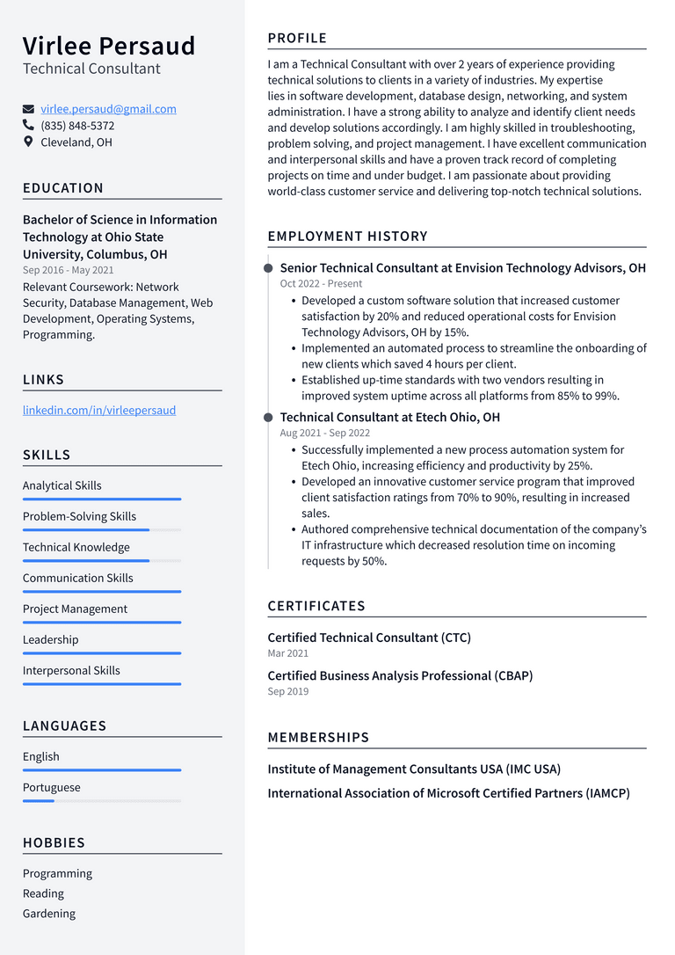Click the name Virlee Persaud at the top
point(109,46)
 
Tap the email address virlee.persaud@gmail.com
point(108,109)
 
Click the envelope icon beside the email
point(28,109)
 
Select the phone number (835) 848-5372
point(77,126)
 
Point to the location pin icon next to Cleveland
point(28,142)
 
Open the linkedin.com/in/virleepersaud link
point(99,410)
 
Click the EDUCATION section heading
point(63,188)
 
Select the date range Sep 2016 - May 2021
point(68,270)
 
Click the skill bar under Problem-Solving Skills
point(101,530)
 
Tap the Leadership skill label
point(50,639)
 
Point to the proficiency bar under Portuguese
point(101,801)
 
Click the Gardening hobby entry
point(49,914)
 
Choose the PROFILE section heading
point(297,39)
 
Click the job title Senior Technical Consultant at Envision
point(462,267)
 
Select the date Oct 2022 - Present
point(321,284)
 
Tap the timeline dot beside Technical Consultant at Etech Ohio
point(268,418)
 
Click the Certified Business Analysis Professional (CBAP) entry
point(400,675)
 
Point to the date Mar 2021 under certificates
point(287,653)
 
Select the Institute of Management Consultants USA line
point(414,769)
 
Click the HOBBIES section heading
point(54,842)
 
